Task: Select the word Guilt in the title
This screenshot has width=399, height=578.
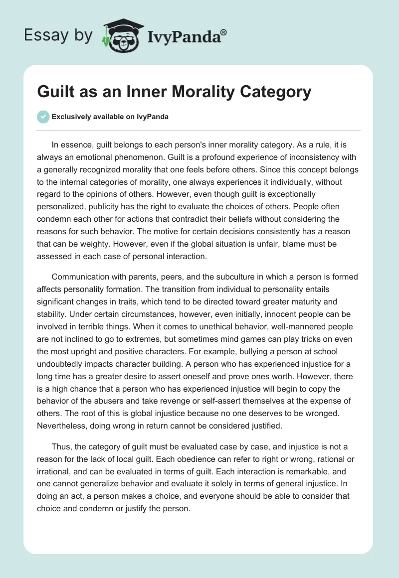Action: (x=55, y=92)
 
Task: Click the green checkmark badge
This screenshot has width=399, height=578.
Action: (x=43, y=117)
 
